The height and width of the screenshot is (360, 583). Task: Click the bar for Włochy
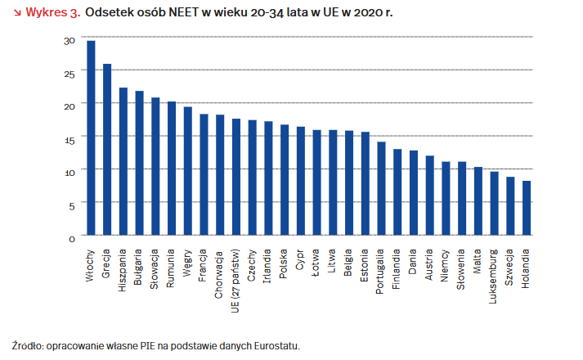(x=91, y=138)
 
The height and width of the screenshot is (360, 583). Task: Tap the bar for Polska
(x=285, y=180)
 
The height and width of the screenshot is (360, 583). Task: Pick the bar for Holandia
(x=526, y=209)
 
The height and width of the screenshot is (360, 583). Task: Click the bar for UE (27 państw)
(x=235, y=178)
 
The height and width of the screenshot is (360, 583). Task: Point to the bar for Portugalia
(x=381, y=189)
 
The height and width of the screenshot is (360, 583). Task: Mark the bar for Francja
(x=204, y=175)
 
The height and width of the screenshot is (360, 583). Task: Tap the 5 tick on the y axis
(x=71, y=205)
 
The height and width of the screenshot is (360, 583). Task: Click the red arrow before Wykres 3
(x=16, y=13)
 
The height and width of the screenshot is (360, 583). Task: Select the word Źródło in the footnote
(x=28, y=345)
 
